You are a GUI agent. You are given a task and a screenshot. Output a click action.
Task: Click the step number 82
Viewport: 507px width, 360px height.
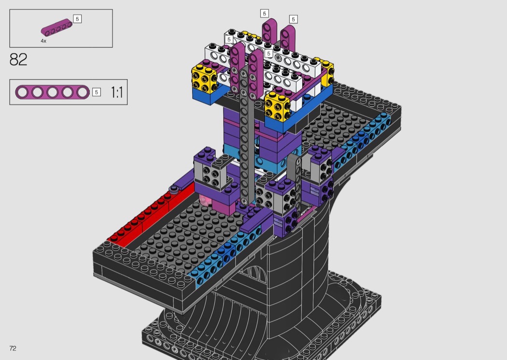click(18, 59)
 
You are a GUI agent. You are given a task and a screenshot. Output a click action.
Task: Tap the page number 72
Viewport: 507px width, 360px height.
click(13, 348)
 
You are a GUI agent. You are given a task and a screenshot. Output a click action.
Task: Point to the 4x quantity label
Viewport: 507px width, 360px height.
click(43, 41)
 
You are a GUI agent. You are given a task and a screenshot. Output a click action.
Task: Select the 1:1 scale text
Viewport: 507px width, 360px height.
click(117, 93)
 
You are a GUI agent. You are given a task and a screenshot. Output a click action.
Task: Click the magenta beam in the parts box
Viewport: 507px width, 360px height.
click(56, 27)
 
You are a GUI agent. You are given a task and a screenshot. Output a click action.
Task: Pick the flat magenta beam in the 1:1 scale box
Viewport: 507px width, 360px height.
click(52, 93)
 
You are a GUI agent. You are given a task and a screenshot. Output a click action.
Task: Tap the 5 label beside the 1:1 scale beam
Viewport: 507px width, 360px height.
click(97, 92)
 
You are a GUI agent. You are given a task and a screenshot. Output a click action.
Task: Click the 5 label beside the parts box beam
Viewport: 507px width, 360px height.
click(77, 19)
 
